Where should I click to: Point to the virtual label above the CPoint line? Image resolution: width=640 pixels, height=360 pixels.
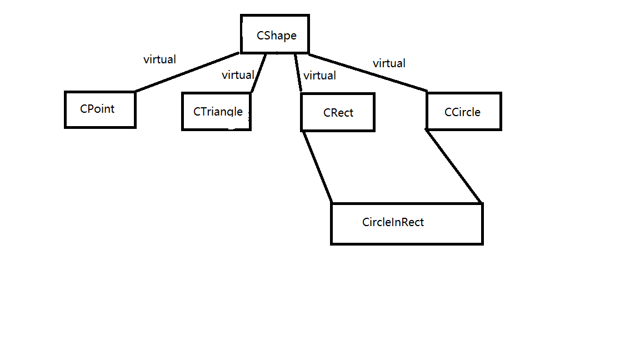coord(159,59)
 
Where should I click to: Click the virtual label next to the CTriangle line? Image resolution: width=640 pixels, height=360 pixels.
coord(238,75)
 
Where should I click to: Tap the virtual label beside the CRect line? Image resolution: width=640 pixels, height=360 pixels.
coord(319,76)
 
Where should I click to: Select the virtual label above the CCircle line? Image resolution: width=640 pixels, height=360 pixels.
coord(389,63)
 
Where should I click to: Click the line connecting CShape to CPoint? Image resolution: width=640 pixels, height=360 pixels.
coord(187,72)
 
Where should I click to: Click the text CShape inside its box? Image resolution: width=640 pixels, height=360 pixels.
coord(276,36)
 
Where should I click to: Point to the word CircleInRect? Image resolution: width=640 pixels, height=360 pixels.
coord(393,222)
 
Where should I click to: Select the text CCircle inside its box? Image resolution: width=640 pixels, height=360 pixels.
coord(462,112)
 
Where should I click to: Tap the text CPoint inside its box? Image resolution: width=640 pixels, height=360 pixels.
coord(97,109)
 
